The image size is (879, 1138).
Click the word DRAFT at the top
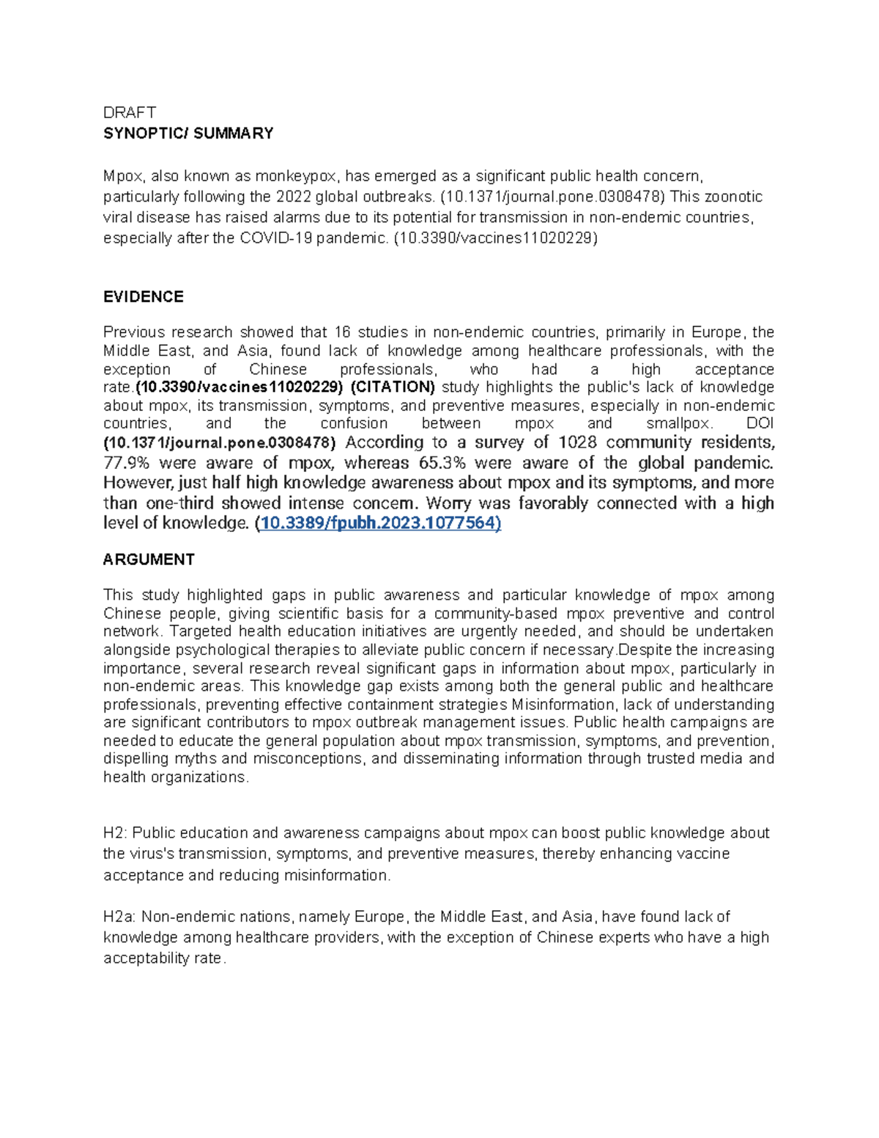point(130,112)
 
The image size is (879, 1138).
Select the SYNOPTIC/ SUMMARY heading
point(188,133)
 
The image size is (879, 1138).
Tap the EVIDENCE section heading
point(144,297)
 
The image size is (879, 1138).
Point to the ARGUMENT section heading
point(149,559)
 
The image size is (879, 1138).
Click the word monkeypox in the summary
point(297,176)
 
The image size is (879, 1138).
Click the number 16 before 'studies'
point(342,333)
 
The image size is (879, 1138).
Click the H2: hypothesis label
point(115,833)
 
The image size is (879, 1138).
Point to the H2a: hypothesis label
point(119,917)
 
